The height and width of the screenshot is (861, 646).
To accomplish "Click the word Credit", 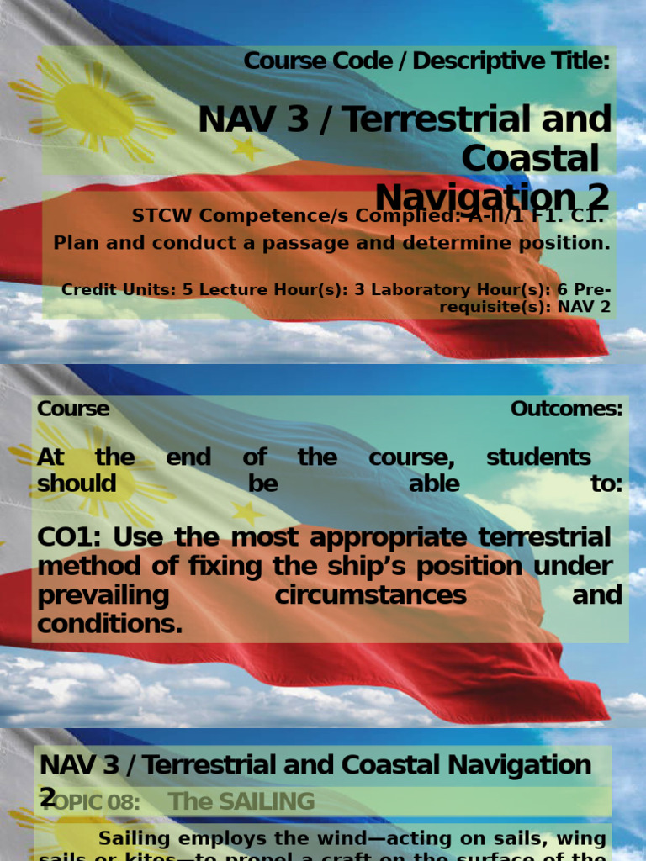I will click(x=89, y=289).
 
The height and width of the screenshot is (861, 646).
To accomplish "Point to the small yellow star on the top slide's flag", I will click(x=247, y=148).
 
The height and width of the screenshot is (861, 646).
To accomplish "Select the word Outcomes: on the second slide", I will click(x=566, y=409).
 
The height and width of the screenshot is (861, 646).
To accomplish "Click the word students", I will click(x=538, y=457).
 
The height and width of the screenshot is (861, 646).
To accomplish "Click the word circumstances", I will click(x=370, y=594).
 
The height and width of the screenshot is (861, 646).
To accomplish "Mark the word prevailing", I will click(x=103, y=594).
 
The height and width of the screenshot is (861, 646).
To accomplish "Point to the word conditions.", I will click(x=109, y=623).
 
